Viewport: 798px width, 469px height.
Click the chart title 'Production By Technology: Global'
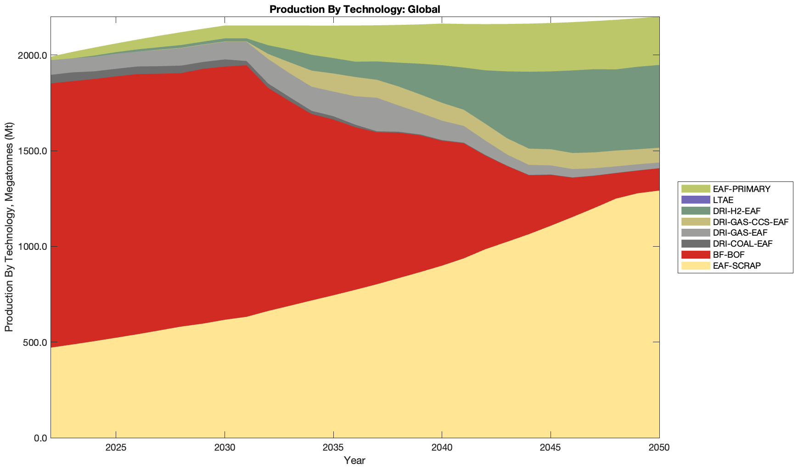click(354, 9)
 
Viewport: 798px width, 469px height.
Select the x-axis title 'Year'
click(354, 460)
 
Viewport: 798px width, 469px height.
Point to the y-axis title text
click(9, 227)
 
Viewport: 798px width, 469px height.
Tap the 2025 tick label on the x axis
click(116, 447)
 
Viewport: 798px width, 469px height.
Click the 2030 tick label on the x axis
click(225, 447)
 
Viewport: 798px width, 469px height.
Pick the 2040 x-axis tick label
click(441, 447)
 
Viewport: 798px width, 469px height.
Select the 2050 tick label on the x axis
click(659, 447)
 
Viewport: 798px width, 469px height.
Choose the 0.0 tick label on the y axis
click(40, 438)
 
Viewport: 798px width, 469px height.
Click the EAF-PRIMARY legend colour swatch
click(695, 189)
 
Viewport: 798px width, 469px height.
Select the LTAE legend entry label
click(723, 200)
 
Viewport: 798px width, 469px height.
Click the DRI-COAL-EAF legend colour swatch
click(695, 243)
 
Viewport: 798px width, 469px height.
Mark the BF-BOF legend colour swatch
click(695, 254)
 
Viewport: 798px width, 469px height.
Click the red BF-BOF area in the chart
click(230, 184)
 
